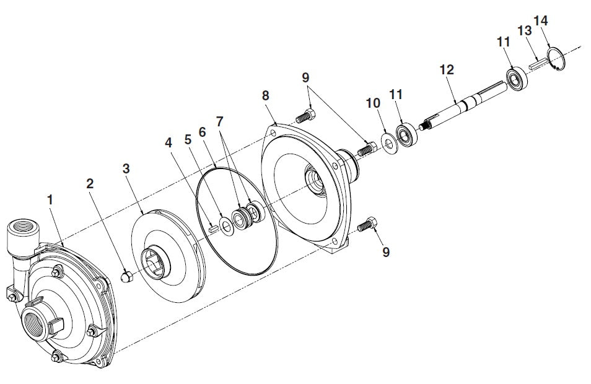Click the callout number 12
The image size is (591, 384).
click(x=447, y=70)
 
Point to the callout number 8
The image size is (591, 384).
click(x=266, y=96)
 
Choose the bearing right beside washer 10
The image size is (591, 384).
click(x=406, y=134)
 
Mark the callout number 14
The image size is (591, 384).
click(x=541, y=20)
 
